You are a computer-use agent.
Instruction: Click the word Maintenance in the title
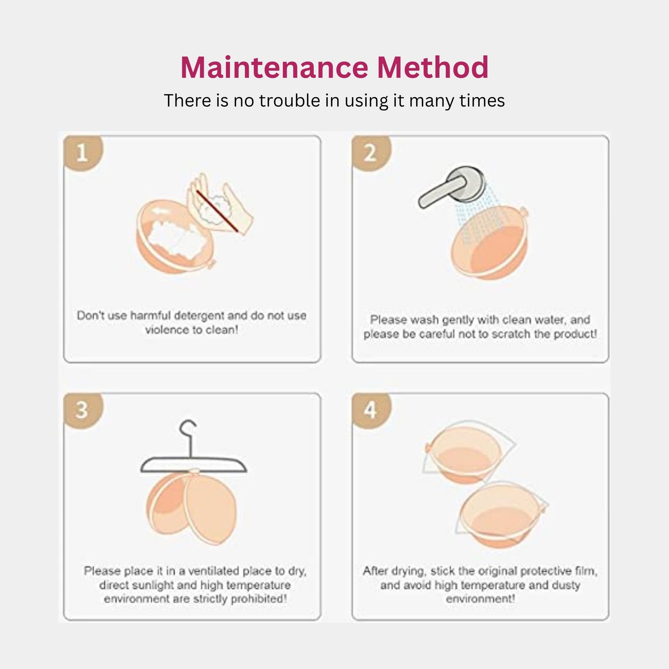274,68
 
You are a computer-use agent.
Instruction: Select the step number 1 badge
82,152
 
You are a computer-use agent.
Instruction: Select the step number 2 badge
370,152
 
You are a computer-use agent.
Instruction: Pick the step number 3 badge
82,410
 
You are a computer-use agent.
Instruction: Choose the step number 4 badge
370,410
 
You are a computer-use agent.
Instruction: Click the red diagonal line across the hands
217,211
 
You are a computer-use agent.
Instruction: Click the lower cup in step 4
500,515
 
